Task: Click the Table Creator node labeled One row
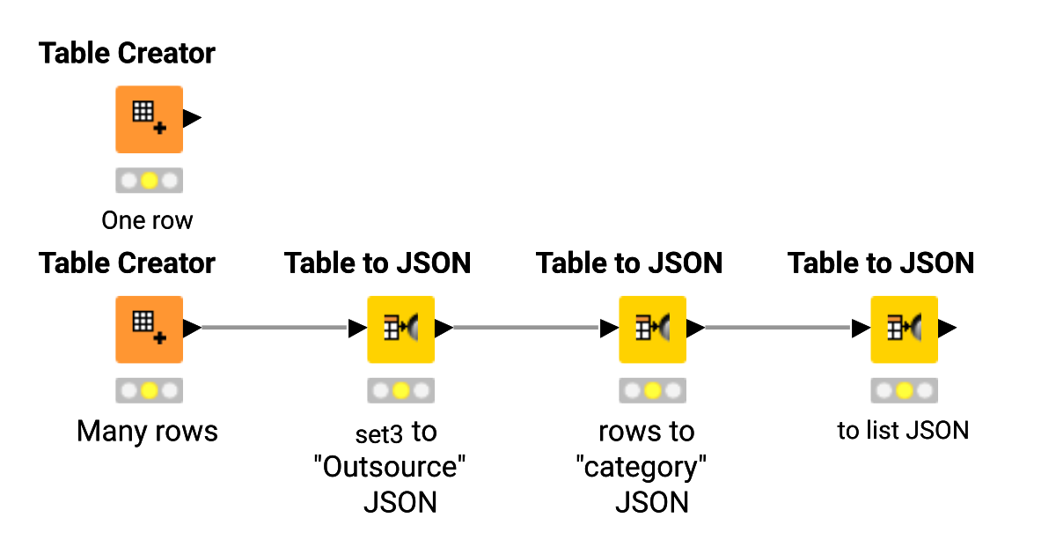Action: (x=149, y=119)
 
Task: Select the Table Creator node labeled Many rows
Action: (x=149, y=329)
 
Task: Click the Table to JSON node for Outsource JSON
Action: (x=400, y=329)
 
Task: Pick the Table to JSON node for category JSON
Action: (x=652, y=329)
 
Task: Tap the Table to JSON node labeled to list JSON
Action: (x=904, y=329)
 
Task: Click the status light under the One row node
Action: (x=149, y=181)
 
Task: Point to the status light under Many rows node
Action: (x=149, y=390)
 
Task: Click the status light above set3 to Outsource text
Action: (x=400, y=390)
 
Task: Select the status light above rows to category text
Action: (x=652, y=390)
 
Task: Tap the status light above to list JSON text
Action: (x=904, y=390)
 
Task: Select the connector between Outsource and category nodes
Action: (x=526, y=329)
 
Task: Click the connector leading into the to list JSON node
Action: (x=778, y=329)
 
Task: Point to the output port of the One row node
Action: (x=192, y=118)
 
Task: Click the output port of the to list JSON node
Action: (x=947, y=329)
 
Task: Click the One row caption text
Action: (x=147, y=220)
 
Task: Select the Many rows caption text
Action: (x=147, y=432)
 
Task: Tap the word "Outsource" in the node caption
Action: (x=389, y=467)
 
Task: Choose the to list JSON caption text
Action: (x=903, y=431)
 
